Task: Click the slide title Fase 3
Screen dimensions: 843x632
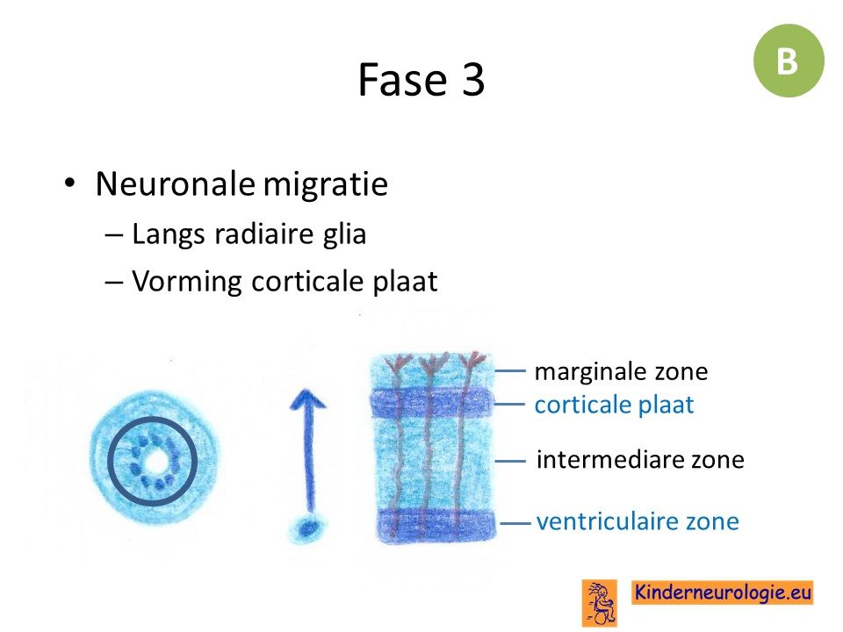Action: [421, 80]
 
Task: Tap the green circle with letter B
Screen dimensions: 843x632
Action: [789, 61]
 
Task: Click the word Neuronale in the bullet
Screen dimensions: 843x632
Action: [175, 183]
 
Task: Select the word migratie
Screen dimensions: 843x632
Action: [325, 185]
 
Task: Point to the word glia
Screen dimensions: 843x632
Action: [344, 234]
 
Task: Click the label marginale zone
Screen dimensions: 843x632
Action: [621, 371]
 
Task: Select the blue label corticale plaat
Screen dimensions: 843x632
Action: [614, 405]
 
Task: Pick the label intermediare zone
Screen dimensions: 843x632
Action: [640, 459]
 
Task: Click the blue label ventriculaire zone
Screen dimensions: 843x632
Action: [638, 521]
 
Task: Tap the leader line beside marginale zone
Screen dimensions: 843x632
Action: [509, 370]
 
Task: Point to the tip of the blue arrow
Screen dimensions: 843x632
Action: [307, 389]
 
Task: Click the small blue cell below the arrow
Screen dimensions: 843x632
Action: [307, 528]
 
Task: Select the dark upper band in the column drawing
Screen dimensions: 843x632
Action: [430, 404]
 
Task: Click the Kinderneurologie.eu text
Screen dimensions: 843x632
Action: [722, 592]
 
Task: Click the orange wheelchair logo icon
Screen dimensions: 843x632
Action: [600, 603]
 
